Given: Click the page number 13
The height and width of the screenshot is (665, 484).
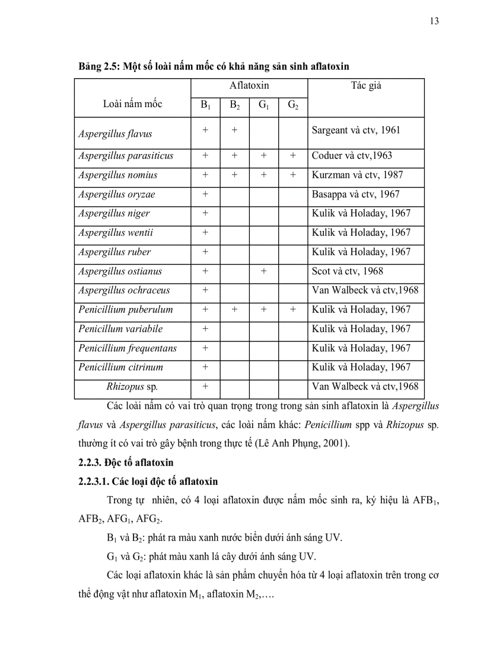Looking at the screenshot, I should click(434, 21).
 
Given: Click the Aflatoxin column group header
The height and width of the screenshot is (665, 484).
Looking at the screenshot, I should click(249, 86).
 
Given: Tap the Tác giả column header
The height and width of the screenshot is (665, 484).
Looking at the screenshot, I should click(366, 86).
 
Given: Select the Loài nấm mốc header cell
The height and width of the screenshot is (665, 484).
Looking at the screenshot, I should click(132, 104).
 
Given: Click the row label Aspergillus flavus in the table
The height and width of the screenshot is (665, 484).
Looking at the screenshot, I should click(111, 133).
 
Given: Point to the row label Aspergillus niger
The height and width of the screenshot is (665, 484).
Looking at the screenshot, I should click(114, 213).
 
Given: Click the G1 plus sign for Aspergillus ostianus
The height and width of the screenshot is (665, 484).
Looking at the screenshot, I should click(263, 271).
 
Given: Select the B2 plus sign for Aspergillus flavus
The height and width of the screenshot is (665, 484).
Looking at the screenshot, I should click(234, 130).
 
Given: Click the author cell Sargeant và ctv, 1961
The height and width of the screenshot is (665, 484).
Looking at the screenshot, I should click(356, 130).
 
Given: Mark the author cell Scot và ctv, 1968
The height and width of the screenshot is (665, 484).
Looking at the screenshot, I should click(348, 271).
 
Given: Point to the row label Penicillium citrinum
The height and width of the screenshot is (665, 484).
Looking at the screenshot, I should click(120, 367).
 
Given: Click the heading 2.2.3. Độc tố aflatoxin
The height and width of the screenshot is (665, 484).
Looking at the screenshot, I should click(126, 462).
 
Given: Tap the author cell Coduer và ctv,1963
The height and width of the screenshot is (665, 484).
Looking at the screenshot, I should click(352, 156).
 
